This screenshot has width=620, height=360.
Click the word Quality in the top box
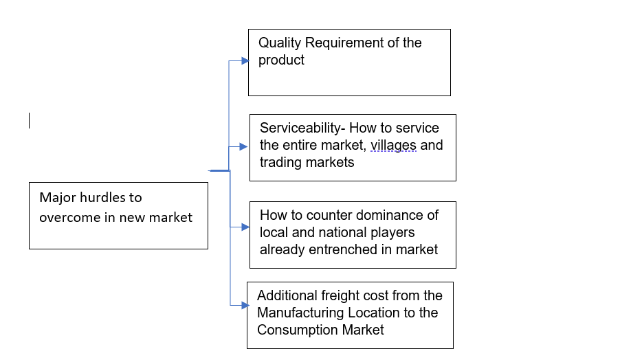pos(280,43)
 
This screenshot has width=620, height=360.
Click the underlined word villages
pos(393,145)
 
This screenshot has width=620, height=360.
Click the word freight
pos(344,296)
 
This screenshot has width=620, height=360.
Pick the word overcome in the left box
pos(67,217)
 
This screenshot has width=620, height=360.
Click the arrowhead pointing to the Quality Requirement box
pos(244,60)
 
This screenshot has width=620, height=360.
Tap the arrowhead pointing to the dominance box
pos(245,227)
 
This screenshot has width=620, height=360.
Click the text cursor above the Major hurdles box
pos(30,121)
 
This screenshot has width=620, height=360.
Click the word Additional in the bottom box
pos(287,296)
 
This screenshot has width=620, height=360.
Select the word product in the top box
pos(281,60)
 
